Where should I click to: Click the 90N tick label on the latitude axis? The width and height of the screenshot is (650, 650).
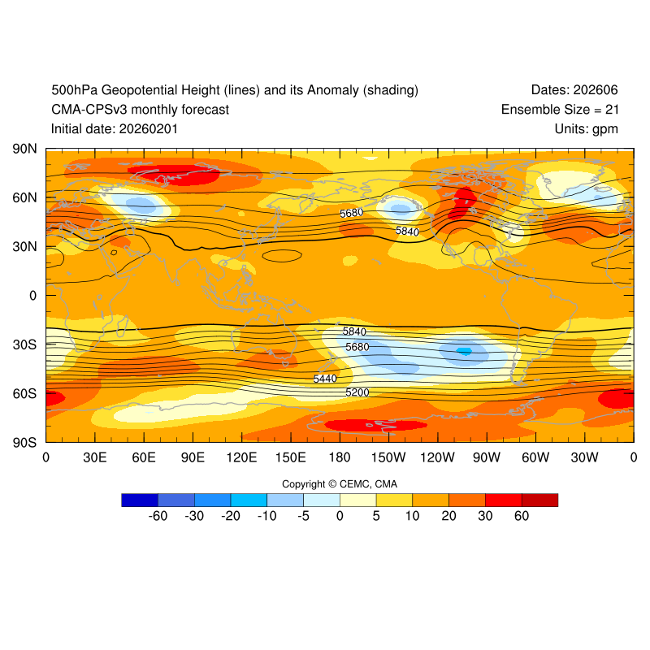pos(24,149)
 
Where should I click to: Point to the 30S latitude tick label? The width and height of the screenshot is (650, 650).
pos(24,344)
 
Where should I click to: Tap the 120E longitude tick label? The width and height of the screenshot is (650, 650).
pos(241,457)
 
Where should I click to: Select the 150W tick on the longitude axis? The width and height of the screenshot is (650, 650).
pos(388,457)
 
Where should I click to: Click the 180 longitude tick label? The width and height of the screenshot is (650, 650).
pos(340,457)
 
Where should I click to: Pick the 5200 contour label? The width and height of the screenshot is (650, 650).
pos(357,392)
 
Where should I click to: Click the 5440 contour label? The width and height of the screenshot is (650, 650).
pos(325,379)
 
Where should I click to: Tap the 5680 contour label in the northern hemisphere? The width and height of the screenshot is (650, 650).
pos(351,213)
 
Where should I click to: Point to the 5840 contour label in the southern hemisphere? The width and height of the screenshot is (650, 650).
pos(354,331)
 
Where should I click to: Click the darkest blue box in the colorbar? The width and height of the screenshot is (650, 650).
pos(139,500)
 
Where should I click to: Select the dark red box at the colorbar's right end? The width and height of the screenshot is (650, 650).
pos(539,500)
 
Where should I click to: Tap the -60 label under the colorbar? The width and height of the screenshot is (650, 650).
pos(158,516)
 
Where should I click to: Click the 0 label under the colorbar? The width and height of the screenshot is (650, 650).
pos(340,516)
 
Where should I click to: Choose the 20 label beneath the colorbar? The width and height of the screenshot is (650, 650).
pos(448,516)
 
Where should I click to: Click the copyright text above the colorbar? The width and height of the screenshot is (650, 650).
pos(340,484)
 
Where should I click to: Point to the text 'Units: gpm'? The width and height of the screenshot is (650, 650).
pos(587,128)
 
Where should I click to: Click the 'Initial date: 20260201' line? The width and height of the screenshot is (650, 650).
pos(115,128)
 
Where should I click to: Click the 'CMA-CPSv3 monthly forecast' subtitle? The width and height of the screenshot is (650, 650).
pos(140,109)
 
